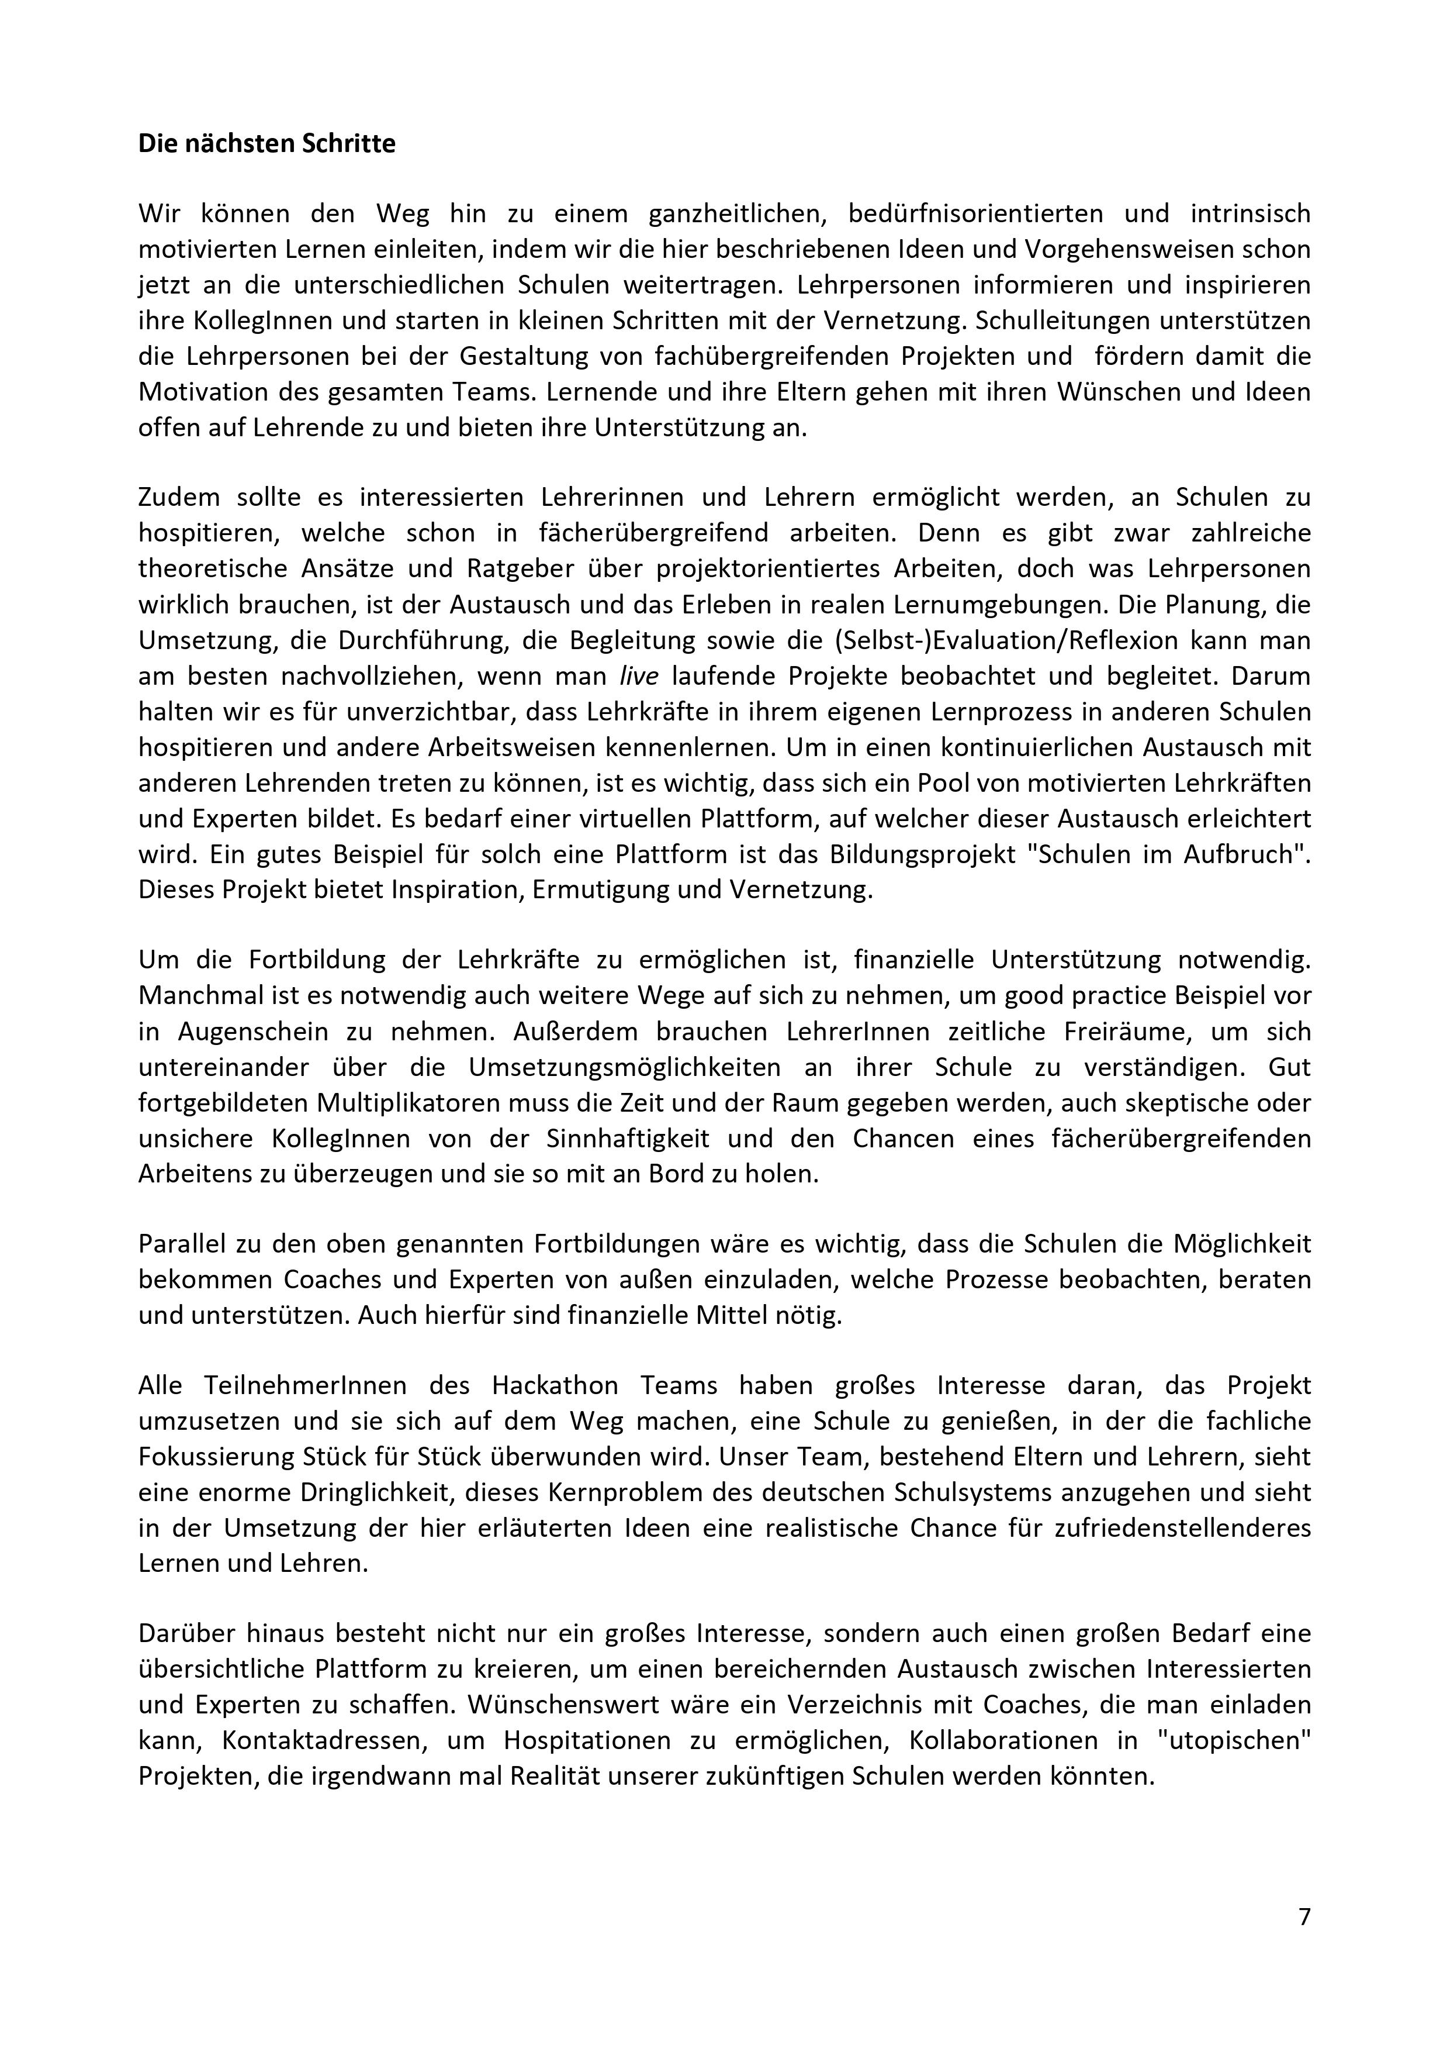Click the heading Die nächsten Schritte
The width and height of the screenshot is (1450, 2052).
(x=267, y=144)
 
